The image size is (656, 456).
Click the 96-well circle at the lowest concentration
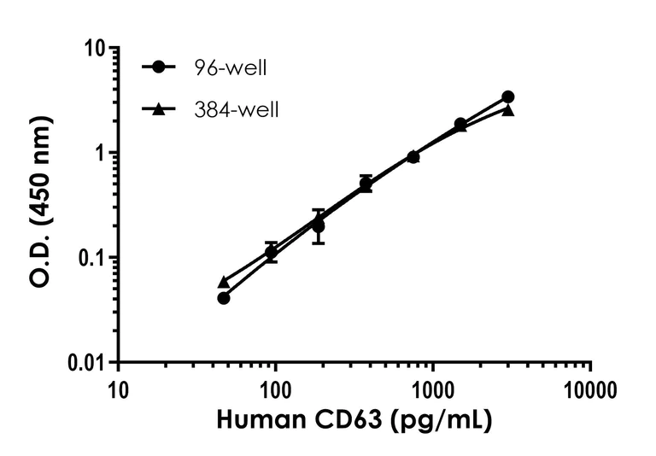[x=224, y=298]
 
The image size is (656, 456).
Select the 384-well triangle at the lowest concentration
[x=224, y=282]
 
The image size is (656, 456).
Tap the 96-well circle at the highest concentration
[x=508, y=96]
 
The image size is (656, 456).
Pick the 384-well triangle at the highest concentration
[x=508, y=110]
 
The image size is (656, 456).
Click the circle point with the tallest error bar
[x=319, y=226]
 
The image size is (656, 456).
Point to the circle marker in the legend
[x=159, y=67]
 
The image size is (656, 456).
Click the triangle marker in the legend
[x=159, y=109]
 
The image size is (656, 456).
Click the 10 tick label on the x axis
[x=119, y=390]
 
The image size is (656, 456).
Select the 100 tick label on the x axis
[x=276, y=390]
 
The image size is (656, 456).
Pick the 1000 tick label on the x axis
[x=433, y=390]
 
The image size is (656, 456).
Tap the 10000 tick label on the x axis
[x=590, y=390]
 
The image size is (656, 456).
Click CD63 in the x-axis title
[x=366, y=421]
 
